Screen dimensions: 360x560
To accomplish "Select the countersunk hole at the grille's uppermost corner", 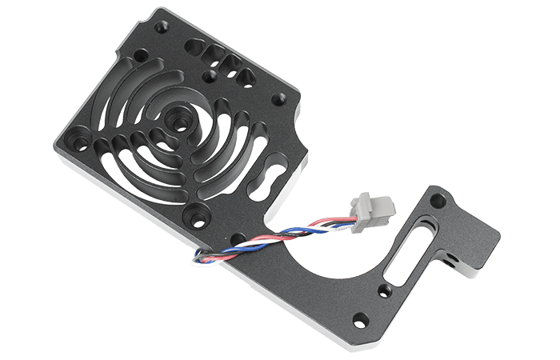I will pos(141,58).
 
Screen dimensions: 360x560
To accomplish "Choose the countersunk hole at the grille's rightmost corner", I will pos(278,99).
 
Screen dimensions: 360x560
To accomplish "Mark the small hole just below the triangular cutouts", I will pos(210,77).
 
